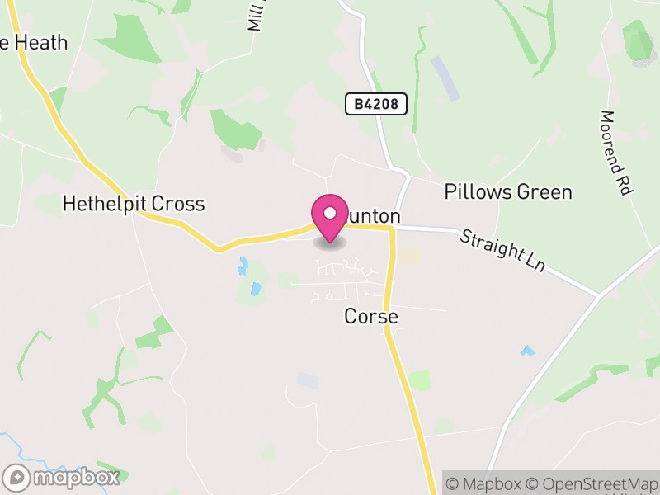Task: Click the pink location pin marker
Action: [330, 218]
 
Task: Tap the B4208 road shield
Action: [375, 104]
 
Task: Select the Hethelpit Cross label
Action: [134, 204]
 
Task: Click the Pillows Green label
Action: [508, 192]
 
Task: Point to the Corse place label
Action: [371, 317]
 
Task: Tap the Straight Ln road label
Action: [503, 251]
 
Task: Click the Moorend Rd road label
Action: [615, 153]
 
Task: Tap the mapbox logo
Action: [63, 477]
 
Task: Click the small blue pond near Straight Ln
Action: [527, 351]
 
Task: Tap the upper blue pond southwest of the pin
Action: [243, 266]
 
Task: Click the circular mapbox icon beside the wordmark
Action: [17, 477]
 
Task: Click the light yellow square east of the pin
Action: [410, 257]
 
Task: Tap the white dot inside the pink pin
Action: [330, 213]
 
